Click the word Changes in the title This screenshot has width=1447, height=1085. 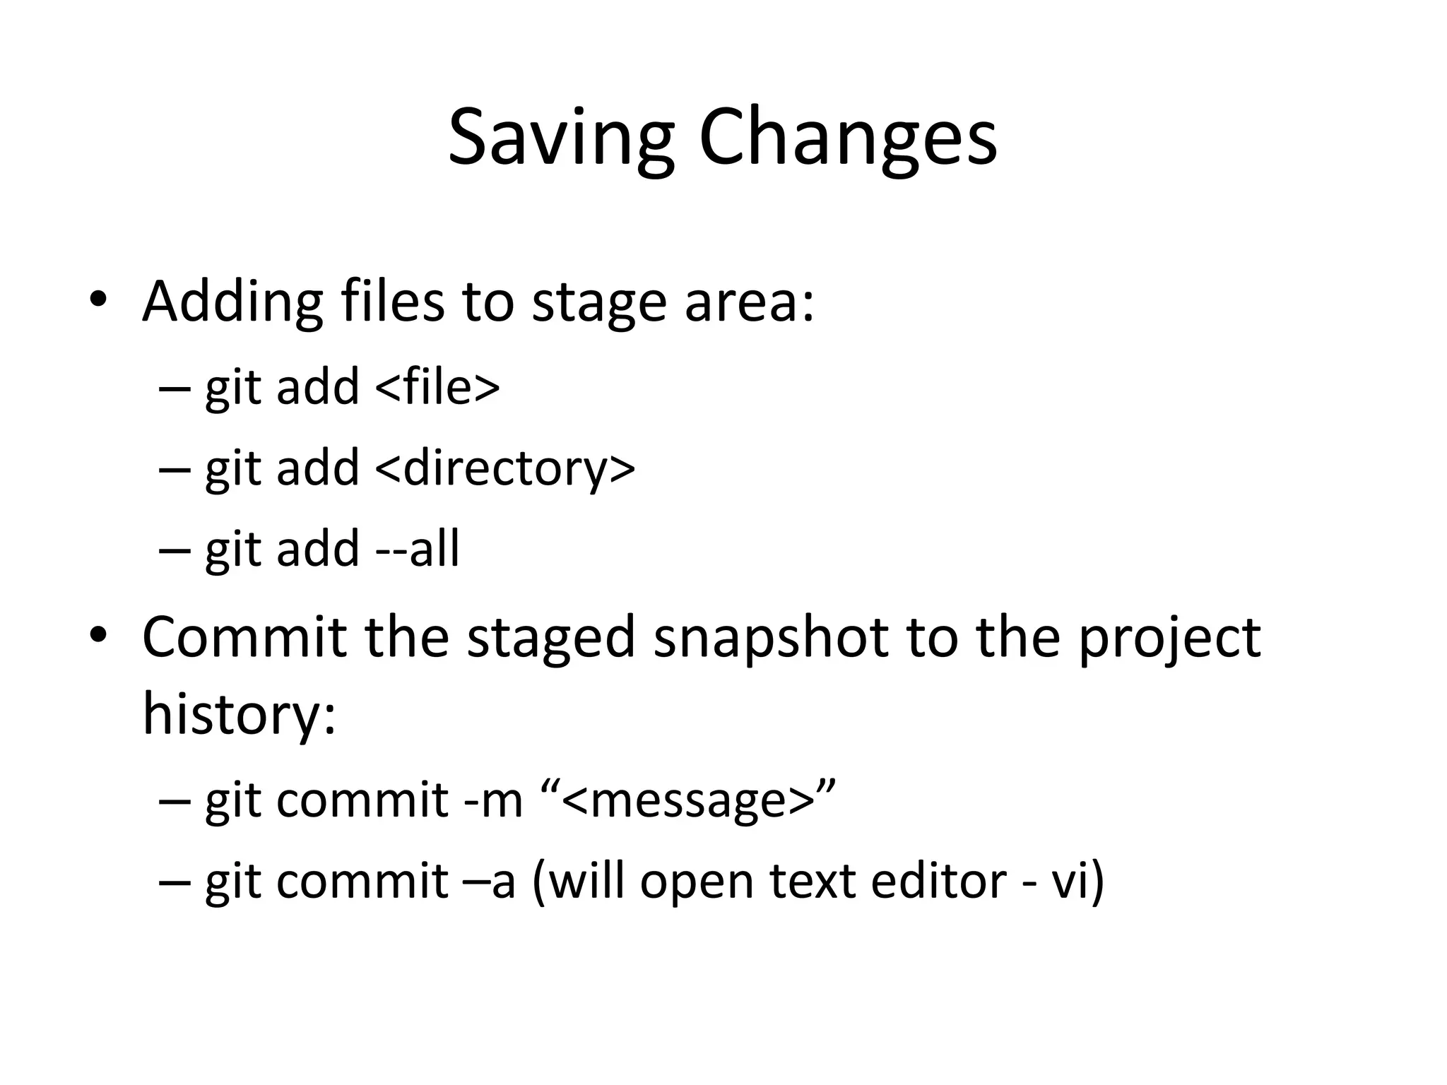coord(848,138)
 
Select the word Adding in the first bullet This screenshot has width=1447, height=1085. coord(232,302)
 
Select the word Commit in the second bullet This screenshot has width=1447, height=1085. coord(244,638)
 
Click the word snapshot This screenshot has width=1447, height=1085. coord(770,638)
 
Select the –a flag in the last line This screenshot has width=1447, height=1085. coord(492,881)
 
